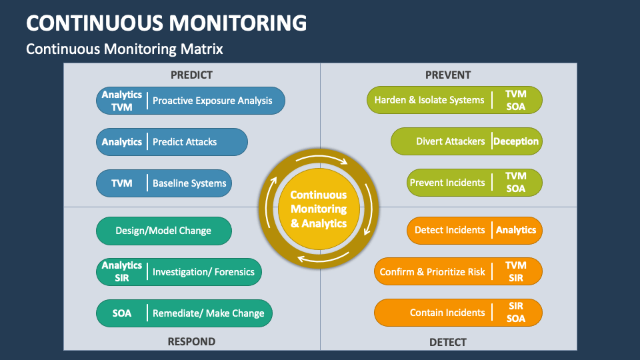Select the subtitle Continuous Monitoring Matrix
[x=124, y=49]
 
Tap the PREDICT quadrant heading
[x=191, y=75]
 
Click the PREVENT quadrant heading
[x=448, y=75]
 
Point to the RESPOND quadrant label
[x=191, y=341]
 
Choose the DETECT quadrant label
[x=448, y=342]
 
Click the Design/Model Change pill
[x=164, y=231]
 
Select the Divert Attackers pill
[x=451, y=141]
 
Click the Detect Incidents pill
[x=450, y=230]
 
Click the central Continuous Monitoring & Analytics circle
[x=319, y=209]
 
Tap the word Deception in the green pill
[x=516, y=141]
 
